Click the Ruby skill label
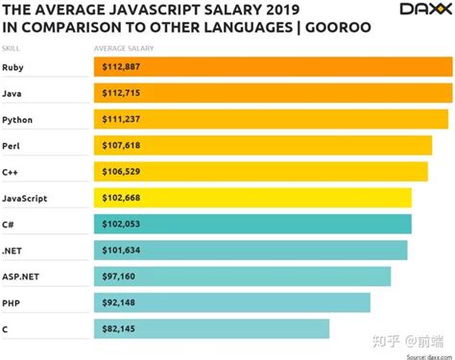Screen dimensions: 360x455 [15, 67]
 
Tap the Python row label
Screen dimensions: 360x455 [19, 120]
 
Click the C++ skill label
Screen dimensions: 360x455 [12, 172]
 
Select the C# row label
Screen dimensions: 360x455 [10, 224]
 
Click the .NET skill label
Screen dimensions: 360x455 [13, 250]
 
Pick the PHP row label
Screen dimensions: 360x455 [12, 302]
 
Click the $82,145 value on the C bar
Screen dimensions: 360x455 [120, 328]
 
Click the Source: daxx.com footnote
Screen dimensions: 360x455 [424, 354]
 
